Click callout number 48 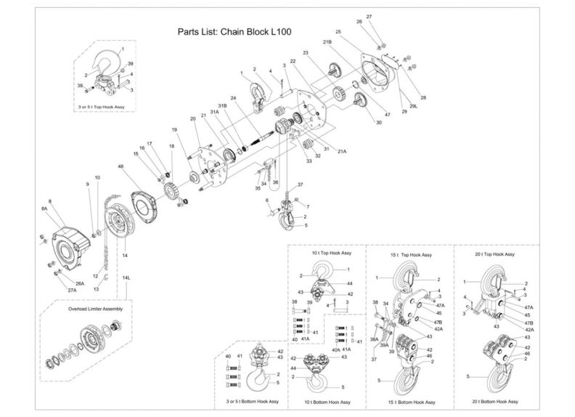click(x=120, y=168)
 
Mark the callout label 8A click(x=44, y=208)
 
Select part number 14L click(x=126, y=278)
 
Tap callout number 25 click(x=338, y=32)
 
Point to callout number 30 click(x=378, y=123)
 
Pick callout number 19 click(x=174, y=130)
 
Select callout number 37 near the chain click(x=301, y=185)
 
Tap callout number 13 click(x=96, y=288)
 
